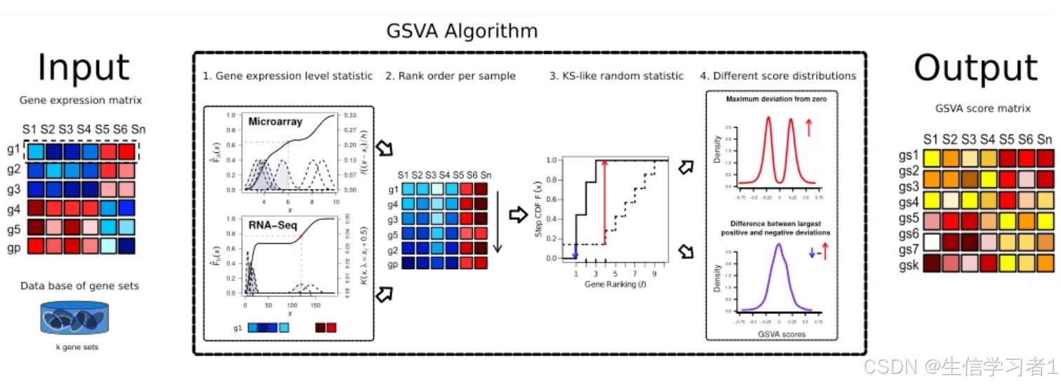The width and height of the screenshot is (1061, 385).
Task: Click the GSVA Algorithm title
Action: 462,32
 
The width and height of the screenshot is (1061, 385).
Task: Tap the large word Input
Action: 84,69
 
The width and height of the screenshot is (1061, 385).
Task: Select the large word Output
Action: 975,69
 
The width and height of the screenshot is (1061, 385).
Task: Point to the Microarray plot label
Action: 275,122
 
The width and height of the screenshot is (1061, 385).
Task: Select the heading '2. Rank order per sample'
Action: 450,76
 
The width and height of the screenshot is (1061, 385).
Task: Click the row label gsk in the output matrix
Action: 910,268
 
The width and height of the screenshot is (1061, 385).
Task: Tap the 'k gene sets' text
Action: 75,346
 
